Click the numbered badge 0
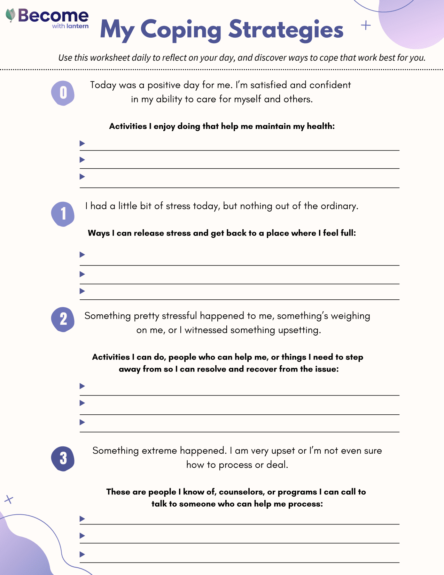[63, 93]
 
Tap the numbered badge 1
[63, 214]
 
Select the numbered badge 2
[63, 319]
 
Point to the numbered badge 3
[63, 459]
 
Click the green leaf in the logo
[11, 15]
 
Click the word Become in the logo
[53, 16]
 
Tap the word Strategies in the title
[286, 30]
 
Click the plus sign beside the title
[366, 25]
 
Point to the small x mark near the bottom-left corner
[9, 500]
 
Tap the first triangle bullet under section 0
[82, 143]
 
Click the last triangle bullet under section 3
[82, 554]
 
